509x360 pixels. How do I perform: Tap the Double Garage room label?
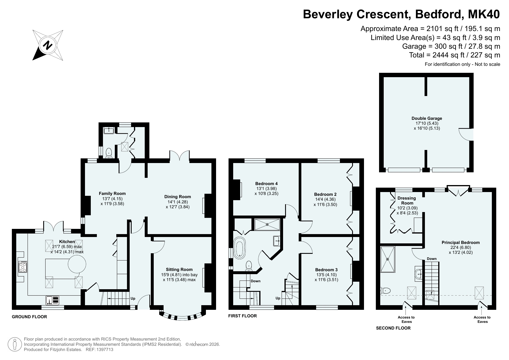coord(427,118)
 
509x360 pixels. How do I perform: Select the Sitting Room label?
coord(179,269)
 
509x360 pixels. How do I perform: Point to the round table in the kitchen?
coord(77,264)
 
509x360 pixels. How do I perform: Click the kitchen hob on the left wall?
coord(23,267)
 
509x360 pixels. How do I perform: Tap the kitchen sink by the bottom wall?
coord(52,300)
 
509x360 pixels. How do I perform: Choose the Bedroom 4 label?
coord(266,184)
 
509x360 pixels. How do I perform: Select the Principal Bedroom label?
coord(461,243)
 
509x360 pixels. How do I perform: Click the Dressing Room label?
coord(407,200)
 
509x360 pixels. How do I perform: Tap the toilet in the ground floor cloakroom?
coord(109,153)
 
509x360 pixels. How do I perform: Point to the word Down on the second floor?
coord(432,259)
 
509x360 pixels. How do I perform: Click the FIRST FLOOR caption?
coord(242,316)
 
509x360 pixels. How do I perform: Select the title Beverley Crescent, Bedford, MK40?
coord(401,14)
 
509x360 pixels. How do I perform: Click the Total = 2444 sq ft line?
coord(454,55)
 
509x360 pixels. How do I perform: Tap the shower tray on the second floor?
coord(387,259)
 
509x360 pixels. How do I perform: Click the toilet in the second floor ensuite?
coord(386,290)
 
